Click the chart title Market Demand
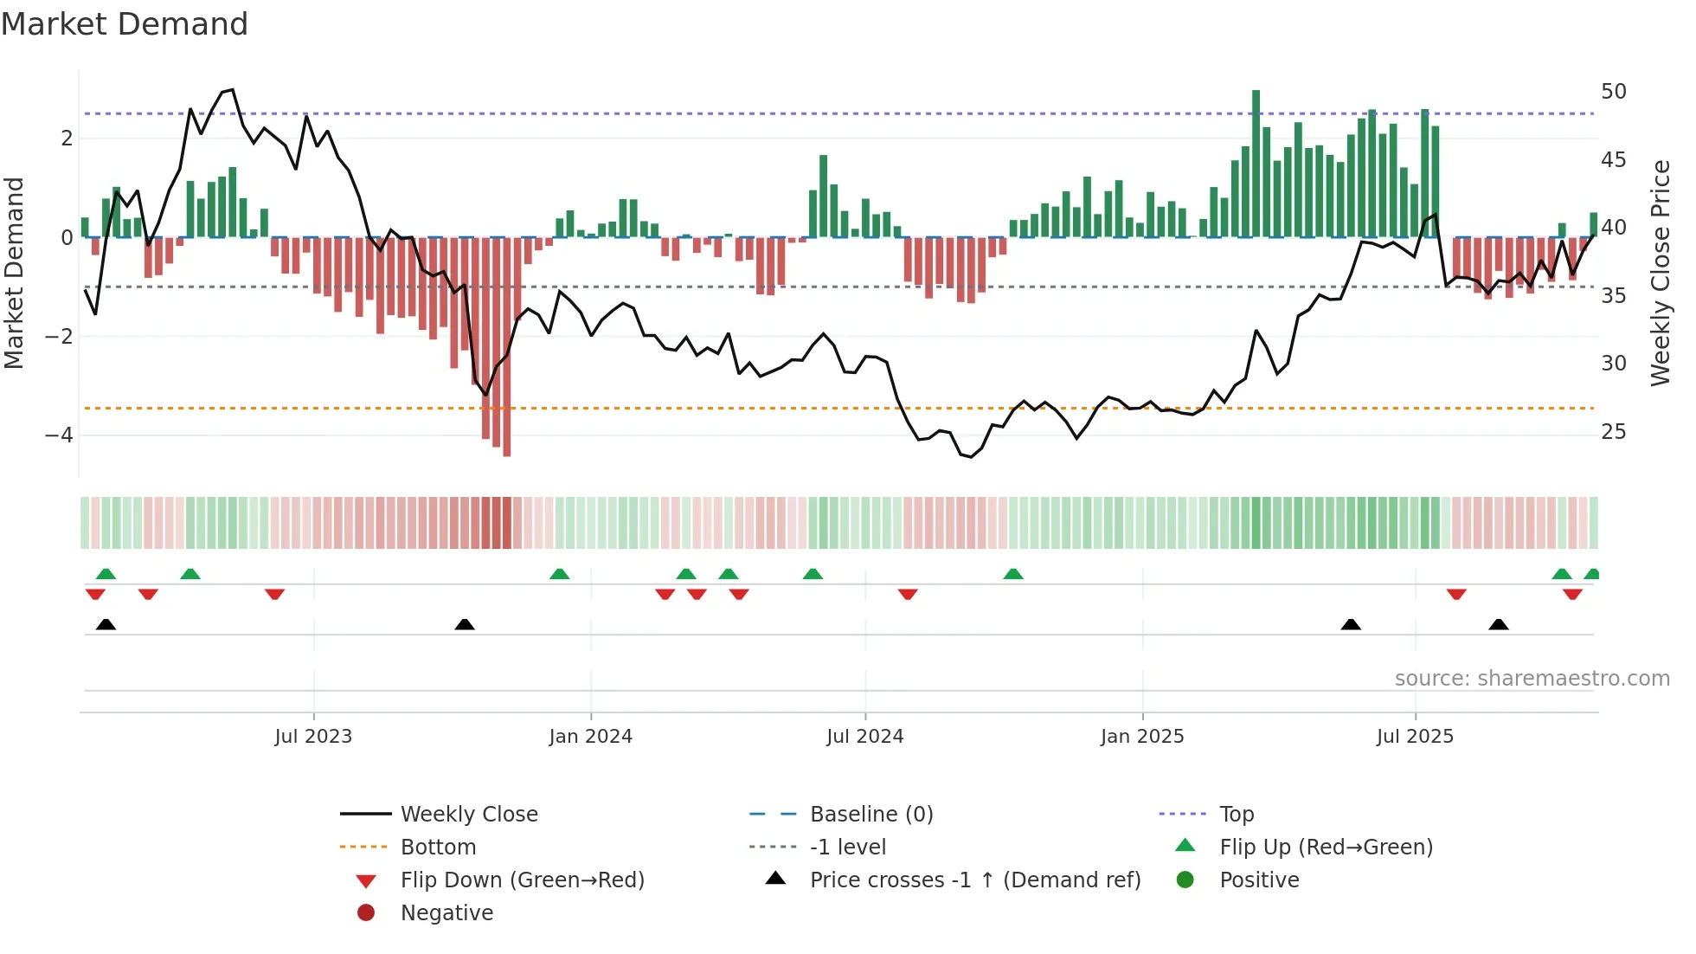coord(125,24)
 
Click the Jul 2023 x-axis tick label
coord(313,737)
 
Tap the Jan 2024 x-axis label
coord(590,737)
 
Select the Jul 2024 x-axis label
coord(864,737)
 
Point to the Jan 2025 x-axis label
coord(1142,737)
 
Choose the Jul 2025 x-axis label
coord(1415,737)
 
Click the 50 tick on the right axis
coord(1613,92)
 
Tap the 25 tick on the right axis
coord(1613,431)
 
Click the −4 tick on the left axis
coord(59,435)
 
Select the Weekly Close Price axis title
coord(1660,273)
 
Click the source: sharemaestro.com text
coord(1532,679)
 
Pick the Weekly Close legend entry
coord(468,815)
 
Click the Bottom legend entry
coord(438,848)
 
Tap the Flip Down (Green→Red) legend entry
coord(522,880)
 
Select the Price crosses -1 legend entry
coord(974,880)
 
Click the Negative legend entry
coord(446,913)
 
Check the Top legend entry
coord(1237,815)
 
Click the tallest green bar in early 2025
coord(1256,164)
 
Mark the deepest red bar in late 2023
coord(506,346)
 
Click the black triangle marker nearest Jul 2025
coord(1351,624)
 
